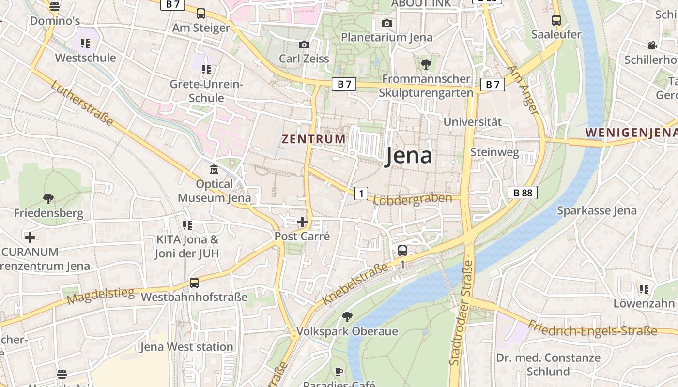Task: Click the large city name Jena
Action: pyautogui.click(x=408, y=156)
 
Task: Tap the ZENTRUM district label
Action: pyautogui.click(x=314, y=139)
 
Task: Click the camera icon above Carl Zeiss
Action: pyautogui.click(x=304, y=45)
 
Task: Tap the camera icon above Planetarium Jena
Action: pyautogui.click(x=386, y=24)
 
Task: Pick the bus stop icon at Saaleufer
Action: pyautogui.click(x=556, y=20)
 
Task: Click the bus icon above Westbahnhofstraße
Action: pyautogui.click(x=194, y=283)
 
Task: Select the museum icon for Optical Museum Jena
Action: pyautogui.click(x=214, y=170)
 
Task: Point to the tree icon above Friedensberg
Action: pyautogui.click(x=48, y=198)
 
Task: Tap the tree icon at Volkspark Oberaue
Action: pyautogui.click(x=347, y=317)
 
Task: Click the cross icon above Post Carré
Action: pyautogui.click(x=302, y=223)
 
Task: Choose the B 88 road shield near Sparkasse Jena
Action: pyautogui.click(x=523, y=193)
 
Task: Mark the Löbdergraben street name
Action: pyautogui.click(x=413, y=199)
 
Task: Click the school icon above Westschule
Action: pyautogui.click(x=85, y=44)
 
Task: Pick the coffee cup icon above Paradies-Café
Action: pyautogui.click(x=339, y=372)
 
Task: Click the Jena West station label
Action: pyautogui.click(x=186, y=347)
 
